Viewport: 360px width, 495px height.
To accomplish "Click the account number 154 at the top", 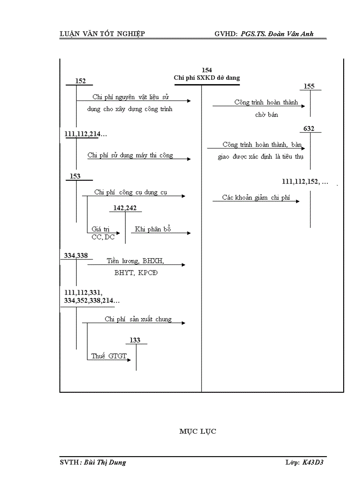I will (206, 70).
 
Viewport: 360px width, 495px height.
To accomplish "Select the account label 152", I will (80, 81).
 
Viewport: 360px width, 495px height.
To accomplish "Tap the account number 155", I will (309, 86).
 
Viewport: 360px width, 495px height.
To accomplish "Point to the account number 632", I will (309, 128).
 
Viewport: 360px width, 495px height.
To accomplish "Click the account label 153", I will (75, 176).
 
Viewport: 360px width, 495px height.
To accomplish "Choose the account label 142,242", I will (124, 208).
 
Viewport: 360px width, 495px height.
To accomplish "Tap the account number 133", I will (135, 340).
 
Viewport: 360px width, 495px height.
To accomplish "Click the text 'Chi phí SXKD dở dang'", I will (207, 78).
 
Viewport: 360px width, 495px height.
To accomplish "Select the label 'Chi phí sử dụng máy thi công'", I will (130, 155).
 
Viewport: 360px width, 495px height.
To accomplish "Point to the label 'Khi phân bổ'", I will (153, 229).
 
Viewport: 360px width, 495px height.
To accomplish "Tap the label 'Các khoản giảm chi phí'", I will (256, 198).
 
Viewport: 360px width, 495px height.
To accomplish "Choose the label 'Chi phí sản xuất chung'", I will (138, 319).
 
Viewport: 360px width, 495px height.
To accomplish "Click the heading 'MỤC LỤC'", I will (198, 432).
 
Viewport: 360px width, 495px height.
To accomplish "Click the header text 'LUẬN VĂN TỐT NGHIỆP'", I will (102, 34).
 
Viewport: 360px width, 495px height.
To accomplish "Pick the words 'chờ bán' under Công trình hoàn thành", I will (266, 115).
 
